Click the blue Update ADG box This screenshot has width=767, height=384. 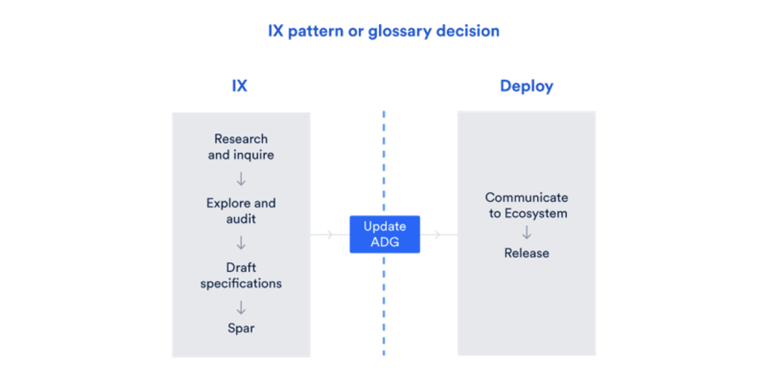tap(384, 234)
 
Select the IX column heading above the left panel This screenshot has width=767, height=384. tap(240, 86)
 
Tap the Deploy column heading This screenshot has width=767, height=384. tap(527, 86)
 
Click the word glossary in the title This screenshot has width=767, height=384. tap(400, 31)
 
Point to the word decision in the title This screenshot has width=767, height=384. tap(468, 31)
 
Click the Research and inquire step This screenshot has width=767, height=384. tap(241, 147)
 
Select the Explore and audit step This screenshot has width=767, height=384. tap(241, 211)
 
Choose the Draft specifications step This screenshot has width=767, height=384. tap(241, 275)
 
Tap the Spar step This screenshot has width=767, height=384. tap(241, 328)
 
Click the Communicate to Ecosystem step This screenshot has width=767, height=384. tap(527, 205)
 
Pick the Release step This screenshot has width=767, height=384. tap(527, 253)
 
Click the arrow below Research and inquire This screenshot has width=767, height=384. tap(241, 179)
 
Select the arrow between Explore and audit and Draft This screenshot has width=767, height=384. tap(241, 243)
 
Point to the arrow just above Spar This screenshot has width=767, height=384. tap(241, 308)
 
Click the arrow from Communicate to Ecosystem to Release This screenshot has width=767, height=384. tap(527, 232)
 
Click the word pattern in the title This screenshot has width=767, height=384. tap(316, 31)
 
